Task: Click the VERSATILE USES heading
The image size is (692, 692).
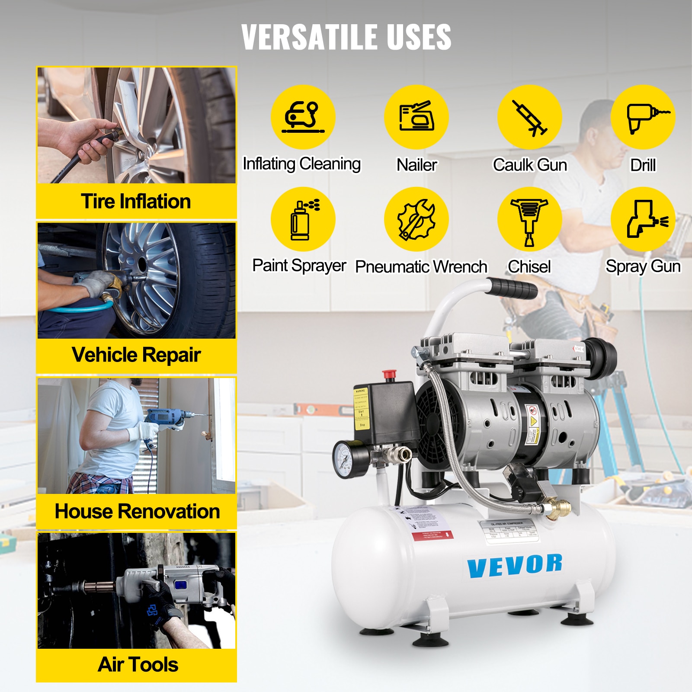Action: (x=346, y=37)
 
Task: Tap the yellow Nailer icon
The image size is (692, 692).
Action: (x=416, y=117)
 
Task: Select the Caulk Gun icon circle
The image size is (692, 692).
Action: (x=529, y=117)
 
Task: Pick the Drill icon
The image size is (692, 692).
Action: (x=643, y=117)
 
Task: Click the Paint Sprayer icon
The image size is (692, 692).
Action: (x=303, y=219)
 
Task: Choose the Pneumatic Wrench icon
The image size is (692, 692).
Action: (x=416, y=219)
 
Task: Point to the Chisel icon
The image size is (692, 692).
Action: (x=529, y=219)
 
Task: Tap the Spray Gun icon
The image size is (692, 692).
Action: (x=643, y=219)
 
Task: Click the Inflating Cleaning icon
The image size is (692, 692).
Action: (x=303, y=117)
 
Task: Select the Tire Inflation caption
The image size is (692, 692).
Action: (x=136, y=202)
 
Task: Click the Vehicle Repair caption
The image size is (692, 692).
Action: (x=136, y=355)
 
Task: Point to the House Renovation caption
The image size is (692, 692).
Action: (x=137, y=511)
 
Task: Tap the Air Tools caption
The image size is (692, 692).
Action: (x=138, y=665)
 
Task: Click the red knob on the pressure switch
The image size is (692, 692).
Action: (x=389, y=375)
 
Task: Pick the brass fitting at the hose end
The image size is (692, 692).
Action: (x=556, y=508)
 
